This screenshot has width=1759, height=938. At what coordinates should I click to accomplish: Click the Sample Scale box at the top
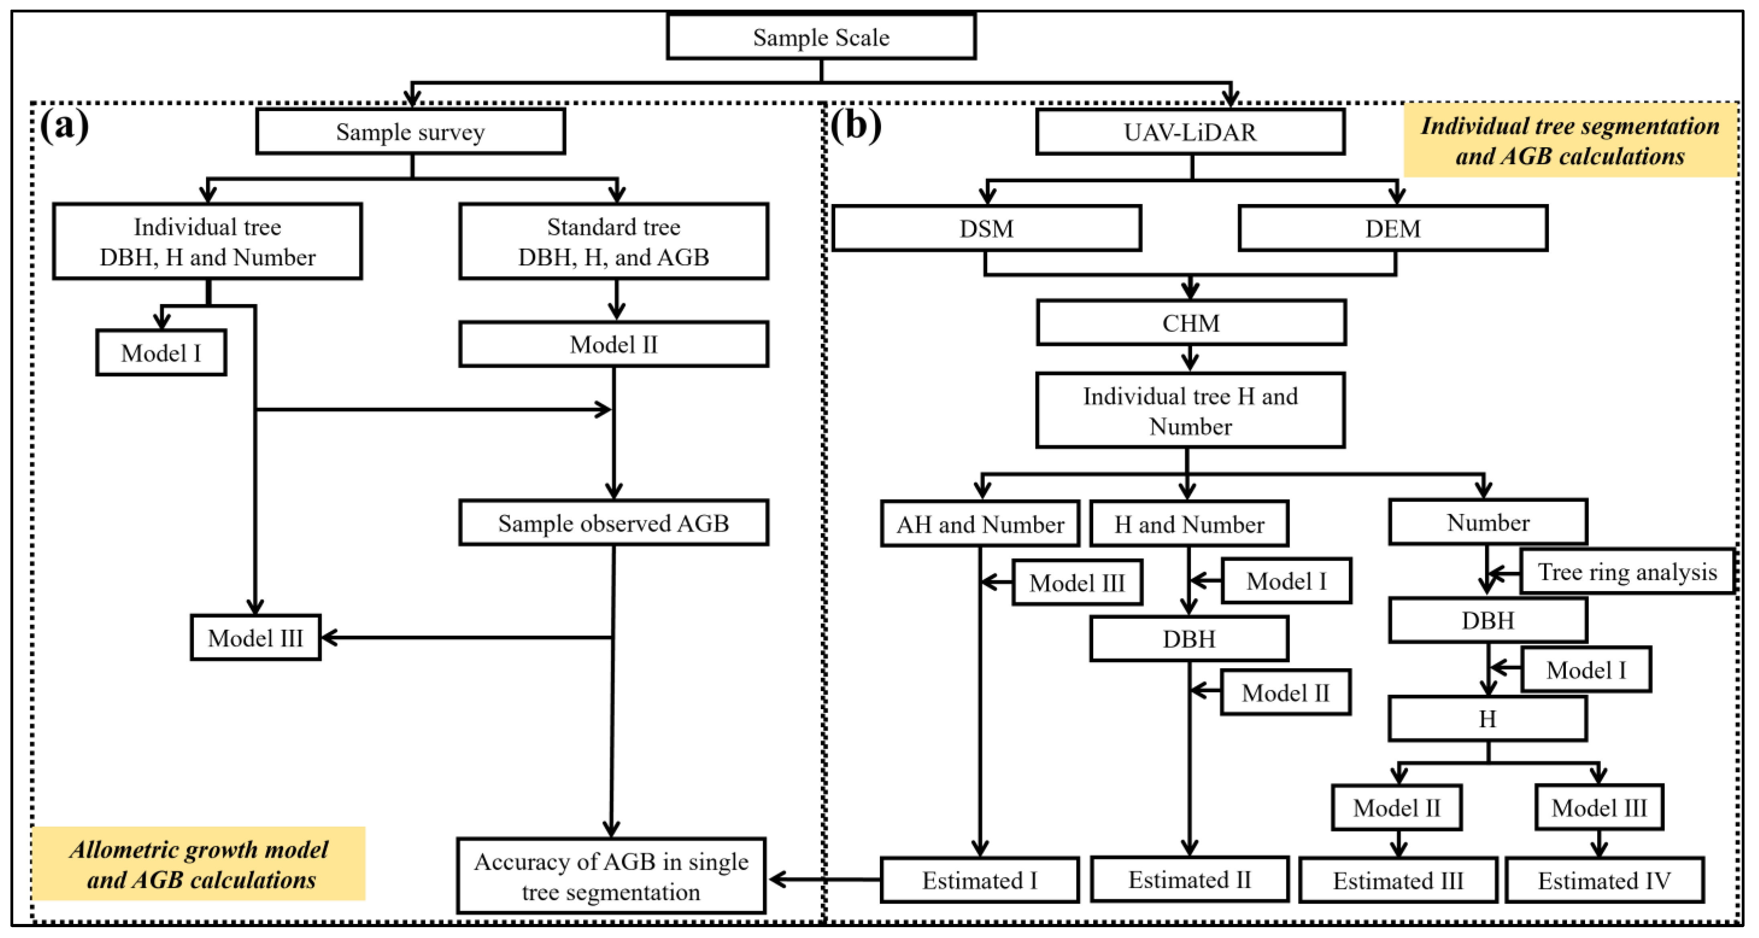click(821, 38)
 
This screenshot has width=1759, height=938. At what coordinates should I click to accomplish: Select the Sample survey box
click(410, 132)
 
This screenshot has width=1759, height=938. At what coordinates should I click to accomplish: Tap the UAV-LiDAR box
click(1190, 132)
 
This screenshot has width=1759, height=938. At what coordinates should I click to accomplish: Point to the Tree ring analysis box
click(1626, 571)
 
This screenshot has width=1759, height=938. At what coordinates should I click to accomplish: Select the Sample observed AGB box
click(613, 523)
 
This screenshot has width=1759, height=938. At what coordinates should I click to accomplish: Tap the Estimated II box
click(1190, 880)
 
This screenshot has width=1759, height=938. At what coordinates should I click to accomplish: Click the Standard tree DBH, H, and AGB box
click(613, 242)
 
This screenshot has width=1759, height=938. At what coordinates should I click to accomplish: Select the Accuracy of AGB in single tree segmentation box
click(611, 877)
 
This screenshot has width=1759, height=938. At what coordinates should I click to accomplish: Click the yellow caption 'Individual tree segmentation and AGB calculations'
click(1570, 141)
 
